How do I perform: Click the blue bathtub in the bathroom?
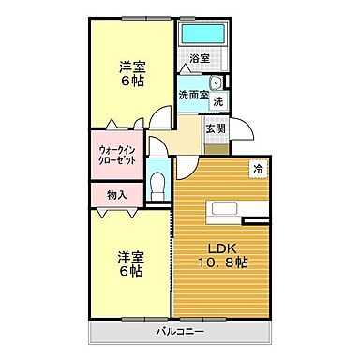pyautogui.click(x=204, y=35)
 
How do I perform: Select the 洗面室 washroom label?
pyautogui.click(x=191, y=96)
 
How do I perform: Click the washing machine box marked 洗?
pyautogui.click(x=218, y=101)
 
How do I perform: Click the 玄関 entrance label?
pyautogui.click(x=216, y=128)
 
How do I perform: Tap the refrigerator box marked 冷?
pyautogui.click(x=256, y=169)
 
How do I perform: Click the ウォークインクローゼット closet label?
pyautogui.click(x=117, y=155)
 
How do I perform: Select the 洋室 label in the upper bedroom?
pyautogui.click(x=131, y=67)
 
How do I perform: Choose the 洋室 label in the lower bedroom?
pyautogui.click(x=130, y=257)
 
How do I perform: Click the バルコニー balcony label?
pyautogui.click(x=180, y=333)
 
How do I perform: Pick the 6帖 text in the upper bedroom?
pyautogui.click(x=131, y=83)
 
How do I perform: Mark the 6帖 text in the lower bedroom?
pyautogui.click(x=130, y=273)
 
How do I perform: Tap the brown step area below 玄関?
pyautogui.click(x=216, y=147)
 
